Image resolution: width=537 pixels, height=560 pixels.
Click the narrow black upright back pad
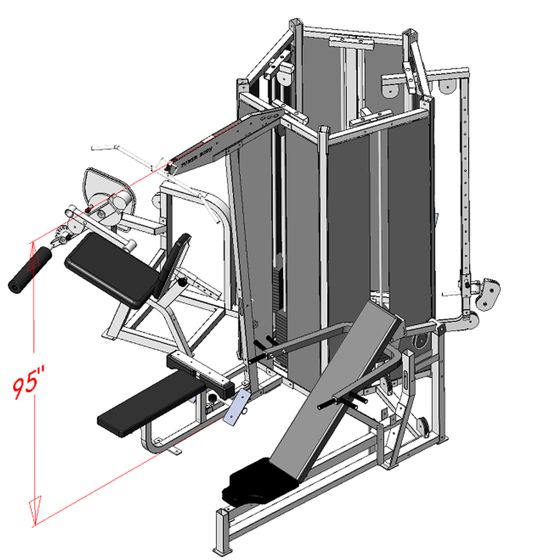[x=173, y=263]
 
